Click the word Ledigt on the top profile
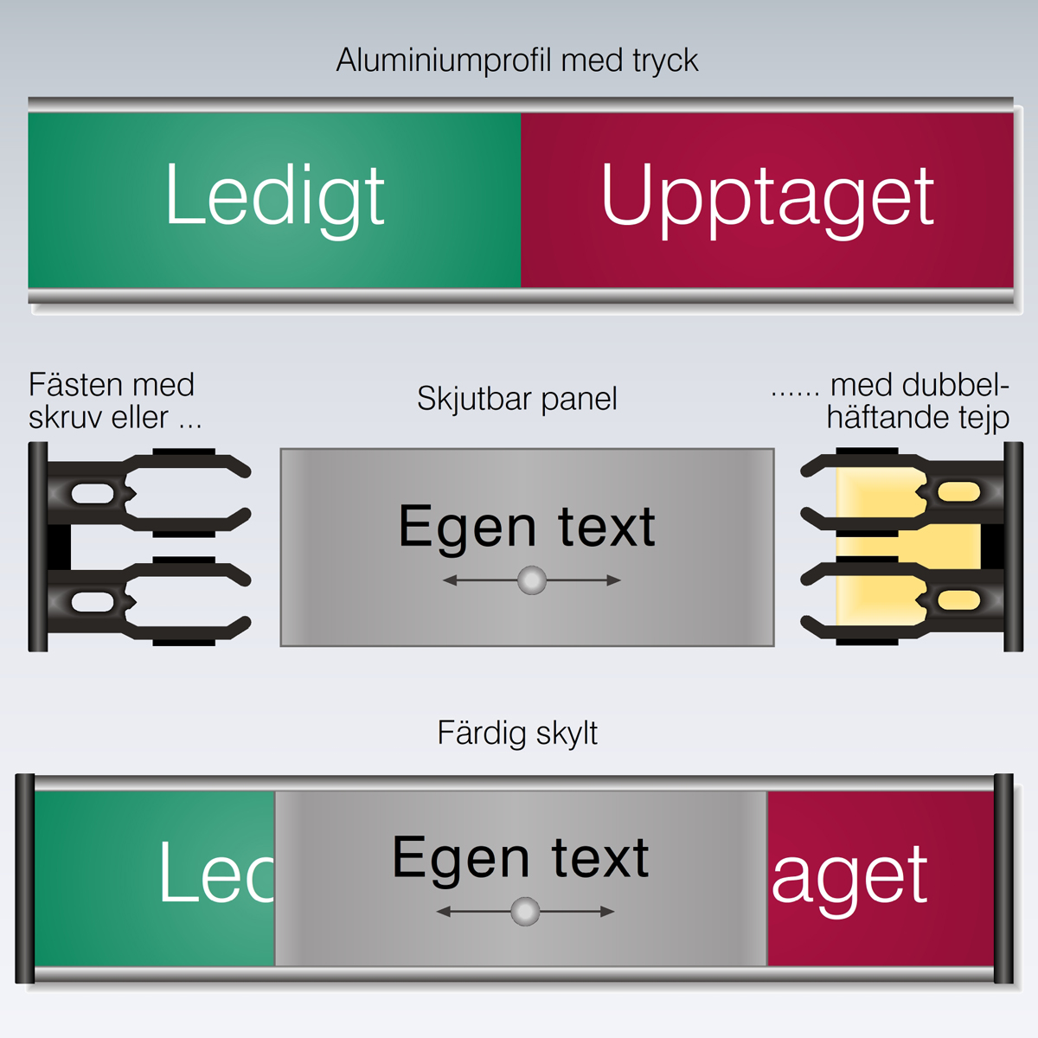pyautogui.click(x=275, y=199)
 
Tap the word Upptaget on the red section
pyautogui.click(x=767, y=199)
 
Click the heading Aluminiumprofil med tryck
pyautogui.click(x=517, y=61)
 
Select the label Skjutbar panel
pyautogui.click(x=517, y=400)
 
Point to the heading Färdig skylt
pyautogui.click(x=517, y=734)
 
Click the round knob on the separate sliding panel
pyautogui.click(x=532, y=580)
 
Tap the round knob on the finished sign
pyautogui.click(x=525, y=912)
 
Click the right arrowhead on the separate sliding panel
pyautogui.click(x=613, y=580)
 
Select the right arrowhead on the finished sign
pyautogui.click(x=607, y=912)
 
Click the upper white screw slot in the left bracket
pyautogui.click(x=93, y=493)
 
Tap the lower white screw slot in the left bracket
pyautogui.click(x=93, y=602)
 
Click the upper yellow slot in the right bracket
pyautogui.click(x=958, y=492)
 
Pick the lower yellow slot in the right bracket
pyautogui.click(x=958, y=600)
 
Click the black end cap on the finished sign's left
pyautogui.click(x=25, y=878)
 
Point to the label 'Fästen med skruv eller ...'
pyautogui.click(x=115, y=400)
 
